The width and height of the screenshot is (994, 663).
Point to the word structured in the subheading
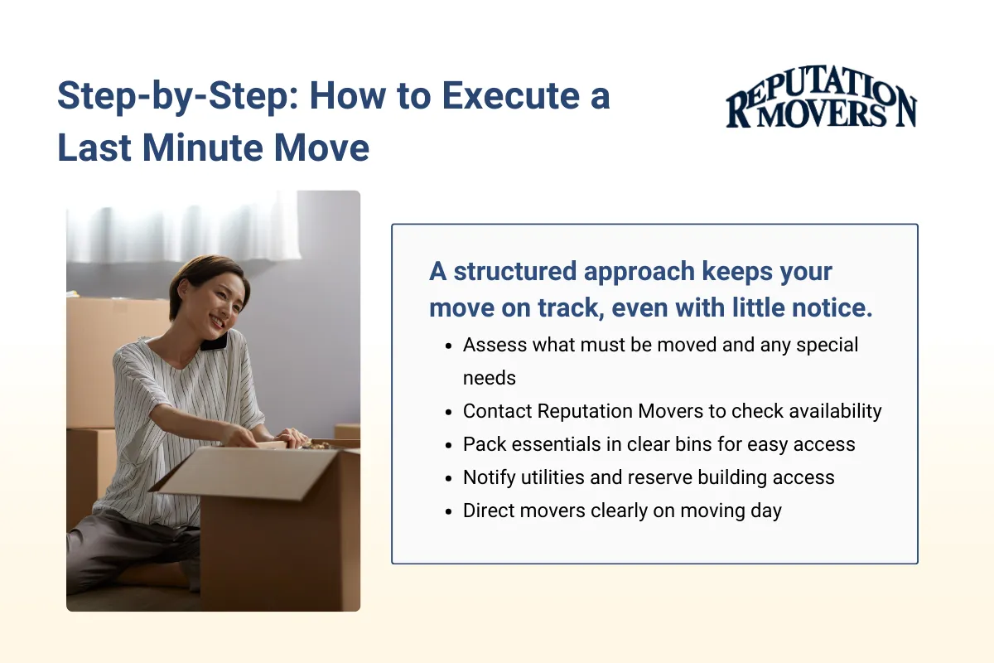(x=513, y=271)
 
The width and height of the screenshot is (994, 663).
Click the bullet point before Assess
(x=448, y=346)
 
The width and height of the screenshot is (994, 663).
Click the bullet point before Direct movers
(x=448, y=511)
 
